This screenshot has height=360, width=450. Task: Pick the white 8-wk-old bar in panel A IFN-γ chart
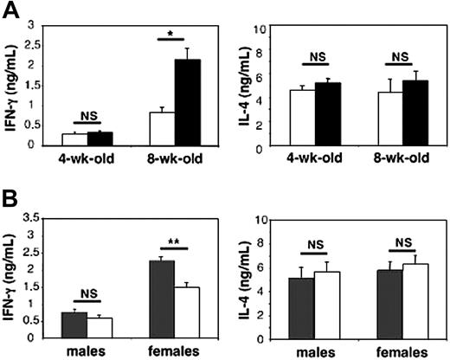(163, 128)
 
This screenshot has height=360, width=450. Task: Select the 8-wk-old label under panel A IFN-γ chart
(177, 161)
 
